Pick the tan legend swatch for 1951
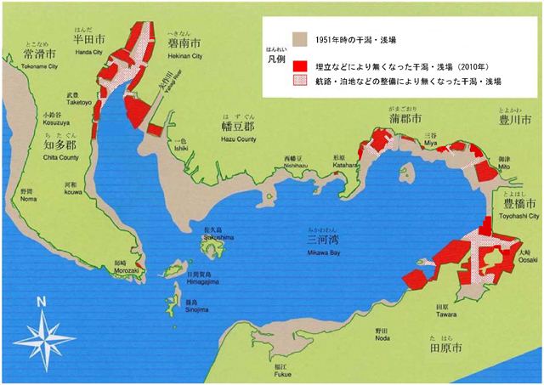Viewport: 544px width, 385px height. coord(297,39)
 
